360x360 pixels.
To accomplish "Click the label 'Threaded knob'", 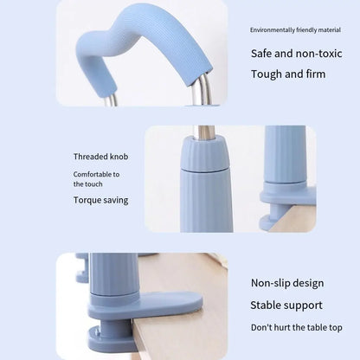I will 100,157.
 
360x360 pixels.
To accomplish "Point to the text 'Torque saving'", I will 100,200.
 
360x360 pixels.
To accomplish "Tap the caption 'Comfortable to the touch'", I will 96,179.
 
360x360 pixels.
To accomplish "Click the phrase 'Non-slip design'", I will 287,283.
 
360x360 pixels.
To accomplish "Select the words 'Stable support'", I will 285,305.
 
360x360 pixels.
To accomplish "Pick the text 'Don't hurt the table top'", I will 296,327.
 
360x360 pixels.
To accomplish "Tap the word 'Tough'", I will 265,74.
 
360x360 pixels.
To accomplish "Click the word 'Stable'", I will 266,305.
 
